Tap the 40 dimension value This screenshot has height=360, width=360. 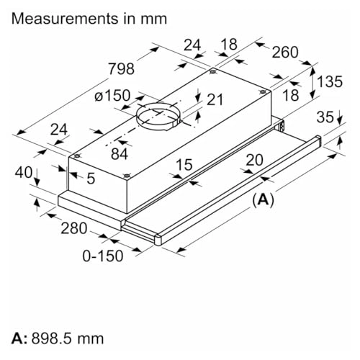(x=22, y=174)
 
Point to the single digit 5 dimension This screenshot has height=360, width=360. (x=91, y=179)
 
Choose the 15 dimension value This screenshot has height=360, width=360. (x=184, y=166)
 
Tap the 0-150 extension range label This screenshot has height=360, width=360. (x=101, y=256)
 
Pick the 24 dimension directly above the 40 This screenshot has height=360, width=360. (x=59, y=130)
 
